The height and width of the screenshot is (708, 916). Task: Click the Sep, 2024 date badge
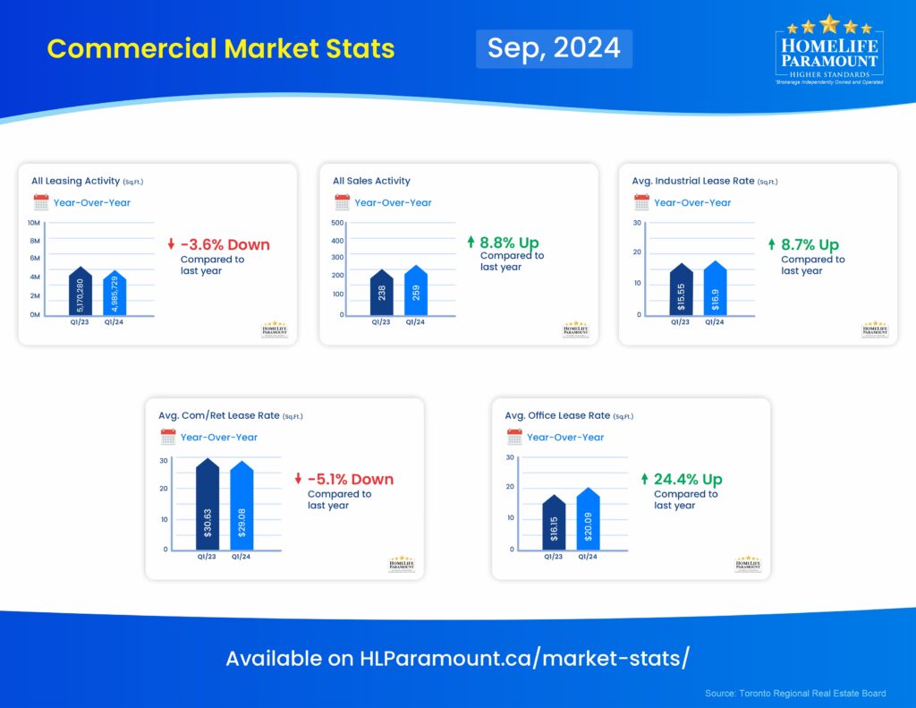pyautogui.click(x=554, y=48)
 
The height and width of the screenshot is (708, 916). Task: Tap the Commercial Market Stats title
pyautogui.click(x=220, y=48)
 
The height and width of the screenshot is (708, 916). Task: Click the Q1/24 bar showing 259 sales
pyautogui.click(x=416, y=292)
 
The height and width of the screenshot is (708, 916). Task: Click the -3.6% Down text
pyautogui.click(x=225, y=244)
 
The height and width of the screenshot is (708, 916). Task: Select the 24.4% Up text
pyautogui.click(x=688, y=479)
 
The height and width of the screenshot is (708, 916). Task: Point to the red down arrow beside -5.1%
pyautogui.click(x=299, y=479)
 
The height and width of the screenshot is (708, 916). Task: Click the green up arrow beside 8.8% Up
pyautogui.click(x=471, y=243)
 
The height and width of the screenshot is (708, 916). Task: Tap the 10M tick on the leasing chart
pyautogui.click(x=33, y=222)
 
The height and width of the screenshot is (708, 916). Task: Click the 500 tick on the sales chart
pyautogui.click(x=337, y=222)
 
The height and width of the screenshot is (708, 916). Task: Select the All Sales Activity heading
pyautogui.click(x=371, y=181)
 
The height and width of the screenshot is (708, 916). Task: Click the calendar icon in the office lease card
pyautogui.click(x=514, y=437)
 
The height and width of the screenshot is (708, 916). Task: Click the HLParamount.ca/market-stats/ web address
pyautogui.click(x=524, y=659)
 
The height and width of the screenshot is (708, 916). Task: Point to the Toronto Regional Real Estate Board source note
pyautogui.click(x=795, y=693)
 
